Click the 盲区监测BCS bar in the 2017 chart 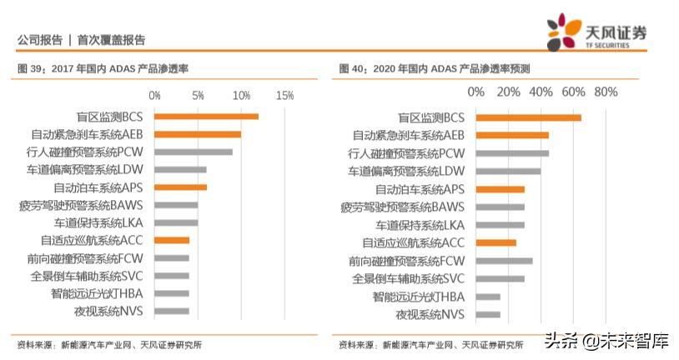coord(206,117)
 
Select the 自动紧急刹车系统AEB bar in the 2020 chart coord(512,135)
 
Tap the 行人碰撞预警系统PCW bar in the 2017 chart coord(194,152)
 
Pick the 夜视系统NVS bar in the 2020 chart coord(488,314)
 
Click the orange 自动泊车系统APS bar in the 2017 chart coord(180,187)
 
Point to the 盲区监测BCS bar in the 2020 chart coord(528,117)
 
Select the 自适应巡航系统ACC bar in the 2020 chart coord(495,242)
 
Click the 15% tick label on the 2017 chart coord(284,96)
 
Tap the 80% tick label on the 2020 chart coord(605,91)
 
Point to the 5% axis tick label coord(198,96)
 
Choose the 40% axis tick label coord(541,91)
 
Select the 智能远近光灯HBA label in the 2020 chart coord(418,297)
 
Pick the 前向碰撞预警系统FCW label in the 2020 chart coord(406,261)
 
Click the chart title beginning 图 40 coord(434,68)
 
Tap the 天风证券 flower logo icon coord(564,32)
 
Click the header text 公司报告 coord(39,39)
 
